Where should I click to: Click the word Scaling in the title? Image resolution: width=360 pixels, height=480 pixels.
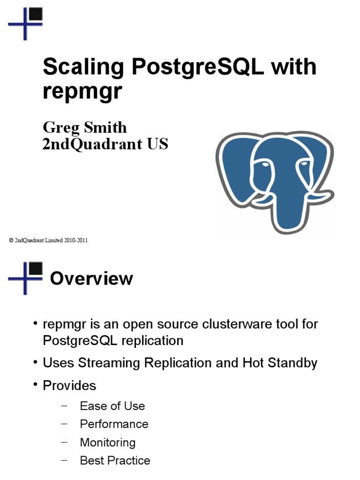pos(83,68)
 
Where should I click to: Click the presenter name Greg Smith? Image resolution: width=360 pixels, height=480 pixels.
pos(85,128)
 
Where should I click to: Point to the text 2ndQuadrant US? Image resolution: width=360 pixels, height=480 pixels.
pos(105,144)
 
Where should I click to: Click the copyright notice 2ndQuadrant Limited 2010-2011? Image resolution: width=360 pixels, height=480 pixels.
pos(48,240)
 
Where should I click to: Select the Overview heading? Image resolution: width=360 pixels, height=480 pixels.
pos(91,278)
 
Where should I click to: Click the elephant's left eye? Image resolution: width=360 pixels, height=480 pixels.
pos(264,165)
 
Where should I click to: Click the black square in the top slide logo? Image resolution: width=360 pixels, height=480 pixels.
pos(36,14)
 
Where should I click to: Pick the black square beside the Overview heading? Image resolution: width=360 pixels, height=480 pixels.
pos(36,269)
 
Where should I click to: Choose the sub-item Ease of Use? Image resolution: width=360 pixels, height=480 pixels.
pos(112,406)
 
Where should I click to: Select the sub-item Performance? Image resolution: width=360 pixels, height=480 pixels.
pos(114,424)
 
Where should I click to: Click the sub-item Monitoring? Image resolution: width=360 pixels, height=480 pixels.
pos(108,442)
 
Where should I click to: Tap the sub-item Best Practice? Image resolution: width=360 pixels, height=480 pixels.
pos(115,460)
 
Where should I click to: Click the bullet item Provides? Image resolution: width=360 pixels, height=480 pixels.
pos(69,385)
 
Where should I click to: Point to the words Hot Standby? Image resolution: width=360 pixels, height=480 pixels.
pos(280,363)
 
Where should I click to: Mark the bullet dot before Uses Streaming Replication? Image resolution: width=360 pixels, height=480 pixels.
pos(36,362)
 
